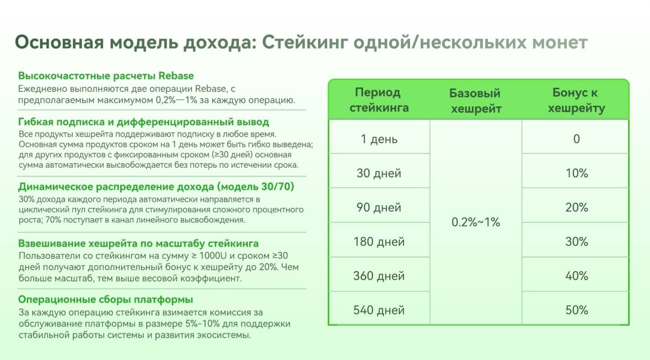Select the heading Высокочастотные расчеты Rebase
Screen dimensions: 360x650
pos(106,76)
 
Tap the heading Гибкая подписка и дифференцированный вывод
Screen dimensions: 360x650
pos(143,122)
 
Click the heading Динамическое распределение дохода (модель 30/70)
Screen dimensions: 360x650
pos(156,187)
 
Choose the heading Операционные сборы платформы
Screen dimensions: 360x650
pos(105,300)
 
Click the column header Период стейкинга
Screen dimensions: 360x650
pos(379,100)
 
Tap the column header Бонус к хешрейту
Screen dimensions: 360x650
pos(576,100)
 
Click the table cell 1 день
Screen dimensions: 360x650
pos(379,139)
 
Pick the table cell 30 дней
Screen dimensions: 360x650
pos(379,173)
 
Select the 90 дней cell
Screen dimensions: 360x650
pos(379,207)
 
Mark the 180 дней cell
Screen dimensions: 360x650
pos(379,242)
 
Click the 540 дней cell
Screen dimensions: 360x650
pos(379,310)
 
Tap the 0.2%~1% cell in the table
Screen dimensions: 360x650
pos(476,222)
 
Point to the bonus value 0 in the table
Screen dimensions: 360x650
pos(576,139)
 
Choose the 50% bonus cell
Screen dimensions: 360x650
pos(576,310)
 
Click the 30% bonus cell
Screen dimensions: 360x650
pos(576,242)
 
